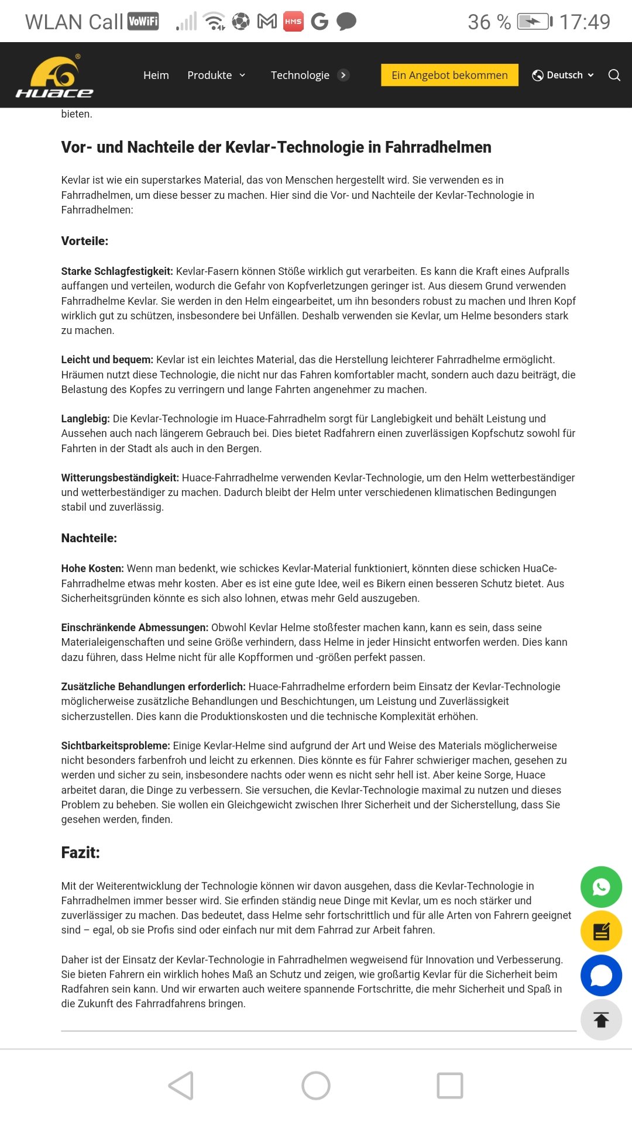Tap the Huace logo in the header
pos(54,76)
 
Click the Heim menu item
pos(156,75)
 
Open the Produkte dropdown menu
pos(216,75)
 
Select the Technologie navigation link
pos(300,75)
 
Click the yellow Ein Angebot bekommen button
pos(449,75)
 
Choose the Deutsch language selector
pos(563,75)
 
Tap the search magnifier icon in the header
pos(614,75)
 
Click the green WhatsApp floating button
pos(601,887)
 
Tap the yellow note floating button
pos(601,931)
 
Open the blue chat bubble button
pos(601,976)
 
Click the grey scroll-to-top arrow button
pos(601,1020)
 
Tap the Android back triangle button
pos(181,1086)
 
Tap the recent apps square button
pos(450,1086)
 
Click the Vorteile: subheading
pos(85,241)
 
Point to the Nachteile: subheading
pos(89,538)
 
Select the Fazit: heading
pos(81,853)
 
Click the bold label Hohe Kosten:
pos(92,569)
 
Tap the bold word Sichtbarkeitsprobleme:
pos(115,746)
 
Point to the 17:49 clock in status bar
pos(585,22)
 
